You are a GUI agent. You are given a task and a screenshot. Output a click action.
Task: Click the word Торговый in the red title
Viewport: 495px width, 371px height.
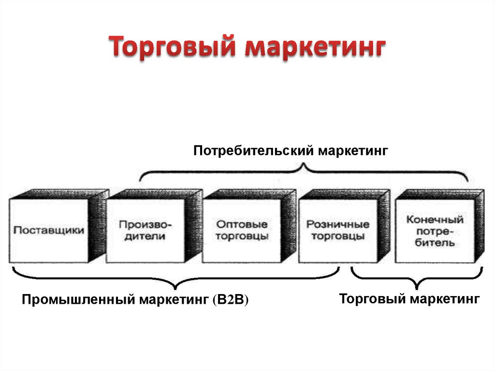173,47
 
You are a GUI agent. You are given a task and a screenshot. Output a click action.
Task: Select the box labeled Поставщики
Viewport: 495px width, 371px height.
58,226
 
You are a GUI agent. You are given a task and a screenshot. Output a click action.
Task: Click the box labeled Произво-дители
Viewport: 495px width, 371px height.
154,226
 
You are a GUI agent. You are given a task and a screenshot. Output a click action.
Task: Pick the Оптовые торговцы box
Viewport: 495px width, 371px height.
249,226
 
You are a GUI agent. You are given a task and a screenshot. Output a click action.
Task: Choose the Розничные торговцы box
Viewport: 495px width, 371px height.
345,226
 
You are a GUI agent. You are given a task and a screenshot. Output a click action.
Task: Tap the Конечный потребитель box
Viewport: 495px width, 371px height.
440,226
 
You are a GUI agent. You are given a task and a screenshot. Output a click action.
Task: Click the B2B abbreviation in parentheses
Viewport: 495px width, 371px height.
231,299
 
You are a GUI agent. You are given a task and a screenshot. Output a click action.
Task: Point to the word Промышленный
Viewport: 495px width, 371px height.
79,299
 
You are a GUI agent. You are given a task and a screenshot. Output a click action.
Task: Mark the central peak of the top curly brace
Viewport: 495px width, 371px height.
304,163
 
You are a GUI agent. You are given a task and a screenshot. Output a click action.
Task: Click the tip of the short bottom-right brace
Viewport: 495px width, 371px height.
417,288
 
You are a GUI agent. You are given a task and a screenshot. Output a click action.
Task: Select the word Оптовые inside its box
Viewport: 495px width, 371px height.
242,224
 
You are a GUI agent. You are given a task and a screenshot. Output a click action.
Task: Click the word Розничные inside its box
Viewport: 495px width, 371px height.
337,224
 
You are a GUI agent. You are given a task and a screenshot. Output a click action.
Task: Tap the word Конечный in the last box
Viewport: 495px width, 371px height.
435,219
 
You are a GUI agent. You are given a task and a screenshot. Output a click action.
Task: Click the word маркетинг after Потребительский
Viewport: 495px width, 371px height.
352,151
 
